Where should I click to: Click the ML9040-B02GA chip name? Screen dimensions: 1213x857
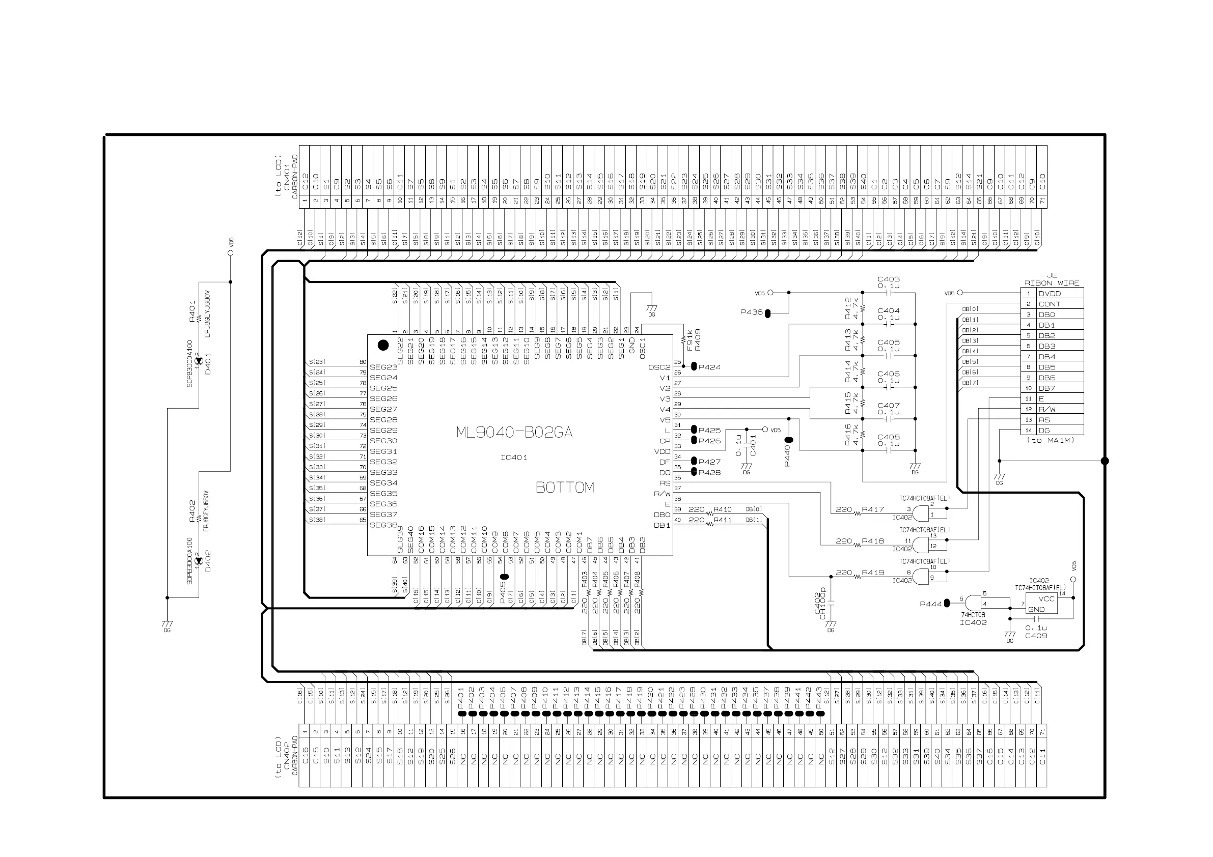(514, 433)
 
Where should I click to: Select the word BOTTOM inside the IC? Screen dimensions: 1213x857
(565, 488)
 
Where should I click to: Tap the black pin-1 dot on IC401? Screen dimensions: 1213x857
(383, 346)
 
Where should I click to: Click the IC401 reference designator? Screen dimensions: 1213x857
(513, 458)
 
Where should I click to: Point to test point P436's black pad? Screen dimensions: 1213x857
(767, 313)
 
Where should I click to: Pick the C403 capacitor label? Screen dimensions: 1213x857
(889, 279)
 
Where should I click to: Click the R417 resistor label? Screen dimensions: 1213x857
(873, 509)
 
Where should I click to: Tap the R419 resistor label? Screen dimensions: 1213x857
(873, 573)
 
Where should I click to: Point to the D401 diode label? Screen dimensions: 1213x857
(208, 364)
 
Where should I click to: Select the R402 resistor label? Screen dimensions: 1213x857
(192, 510)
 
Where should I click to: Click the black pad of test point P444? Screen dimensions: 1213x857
(947, 603)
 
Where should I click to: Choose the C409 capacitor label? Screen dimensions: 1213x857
(1036, 636)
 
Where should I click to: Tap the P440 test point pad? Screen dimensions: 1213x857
(789, 440)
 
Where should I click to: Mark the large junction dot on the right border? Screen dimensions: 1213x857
(1105, 461)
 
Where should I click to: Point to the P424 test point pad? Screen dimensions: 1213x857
(694, 366)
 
